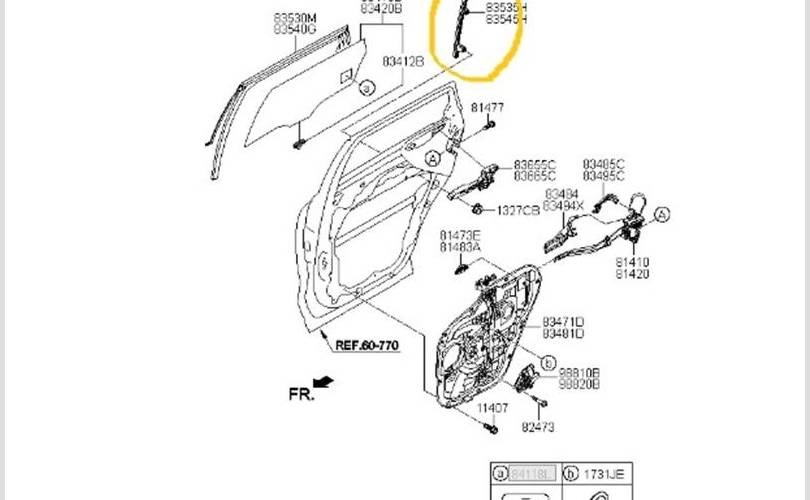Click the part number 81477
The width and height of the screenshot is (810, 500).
(x=488, y=107)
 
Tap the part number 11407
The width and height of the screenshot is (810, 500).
(x=491, y=408)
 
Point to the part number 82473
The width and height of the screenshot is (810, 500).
(x=537, y=427)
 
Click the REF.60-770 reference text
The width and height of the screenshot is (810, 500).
(x=366, y=345)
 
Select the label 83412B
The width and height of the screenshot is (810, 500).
(x=403, y=61)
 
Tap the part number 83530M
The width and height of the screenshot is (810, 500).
(x=295, y=18)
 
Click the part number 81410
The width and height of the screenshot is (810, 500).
(x=632, y=262)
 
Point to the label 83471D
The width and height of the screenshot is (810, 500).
(x=563, y=321)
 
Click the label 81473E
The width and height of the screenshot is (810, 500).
(x=461, y=235)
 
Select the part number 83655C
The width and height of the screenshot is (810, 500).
(x=535, y=164)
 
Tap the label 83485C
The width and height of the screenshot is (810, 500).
(x=604, y=164)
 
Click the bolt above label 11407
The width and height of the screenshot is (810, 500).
(x=491, y=429)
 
